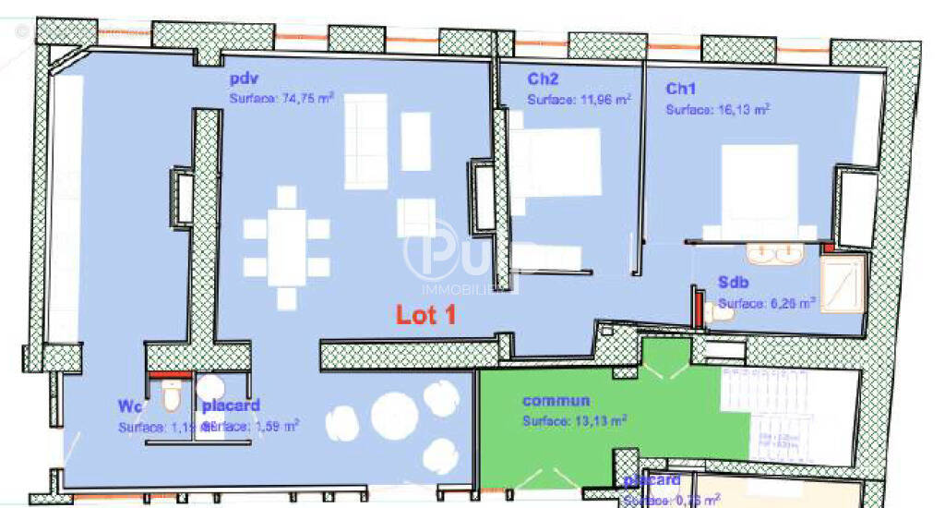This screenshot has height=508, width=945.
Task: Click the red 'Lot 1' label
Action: coord(426,315)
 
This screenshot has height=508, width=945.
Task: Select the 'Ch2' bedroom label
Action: coord(543,80)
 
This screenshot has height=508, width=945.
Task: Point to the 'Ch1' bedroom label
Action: coord(681,90)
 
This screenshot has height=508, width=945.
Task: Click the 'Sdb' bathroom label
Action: coord(734,284)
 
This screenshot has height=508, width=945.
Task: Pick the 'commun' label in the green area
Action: coord(556,401)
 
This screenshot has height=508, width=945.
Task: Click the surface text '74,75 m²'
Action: coord(306,99)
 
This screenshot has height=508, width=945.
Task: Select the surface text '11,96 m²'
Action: coord(604,99)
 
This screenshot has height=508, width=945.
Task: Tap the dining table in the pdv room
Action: coord(287,248)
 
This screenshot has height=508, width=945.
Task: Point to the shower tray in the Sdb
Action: coord(841,284)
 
